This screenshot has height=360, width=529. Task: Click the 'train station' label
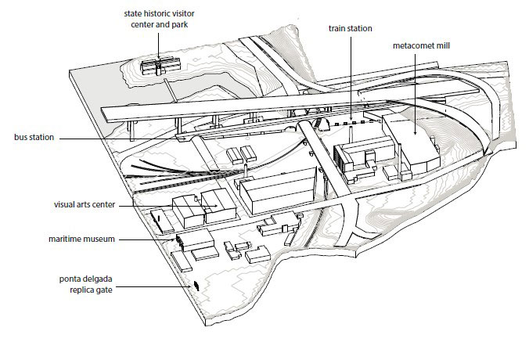(351, 28)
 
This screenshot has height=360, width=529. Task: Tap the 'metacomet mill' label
(421, 45)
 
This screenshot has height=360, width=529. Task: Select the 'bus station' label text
(34, 137)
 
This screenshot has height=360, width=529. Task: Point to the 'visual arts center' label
(85, 204)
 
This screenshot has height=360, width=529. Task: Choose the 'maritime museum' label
(81, 239)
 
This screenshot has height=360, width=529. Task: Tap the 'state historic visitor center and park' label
(159, 19)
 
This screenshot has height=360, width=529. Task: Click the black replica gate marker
(196, 286)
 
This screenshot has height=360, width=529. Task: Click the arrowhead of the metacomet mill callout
(415, 133)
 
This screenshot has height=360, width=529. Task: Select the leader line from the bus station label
(119, 139)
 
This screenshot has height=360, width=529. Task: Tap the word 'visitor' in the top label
(182, 14)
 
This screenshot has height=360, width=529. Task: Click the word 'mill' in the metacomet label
(443, 45)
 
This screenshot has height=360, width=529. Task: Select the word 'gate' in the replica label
(105, 290)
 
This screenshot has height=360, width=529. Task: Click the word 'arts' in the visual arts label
(87, 205)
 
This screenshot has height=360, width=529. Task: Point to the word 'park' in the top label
(179, 24)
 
